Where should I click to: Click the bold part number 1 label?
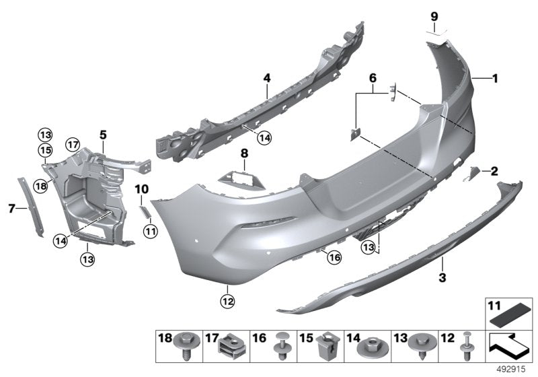(x=495, y=79)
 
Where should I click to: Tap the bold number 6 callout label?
(x=372, y=79)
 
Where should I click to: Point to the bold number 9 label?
(x=434, y=15)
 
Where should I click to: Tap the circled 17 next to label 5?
(x=73, y=143)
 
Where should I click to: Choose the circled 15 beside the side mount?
(x=44, y=149)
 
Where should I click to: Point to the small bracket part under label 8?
(x=241, y=179)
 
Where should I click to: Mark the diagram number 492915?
(x=511, y=370)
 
